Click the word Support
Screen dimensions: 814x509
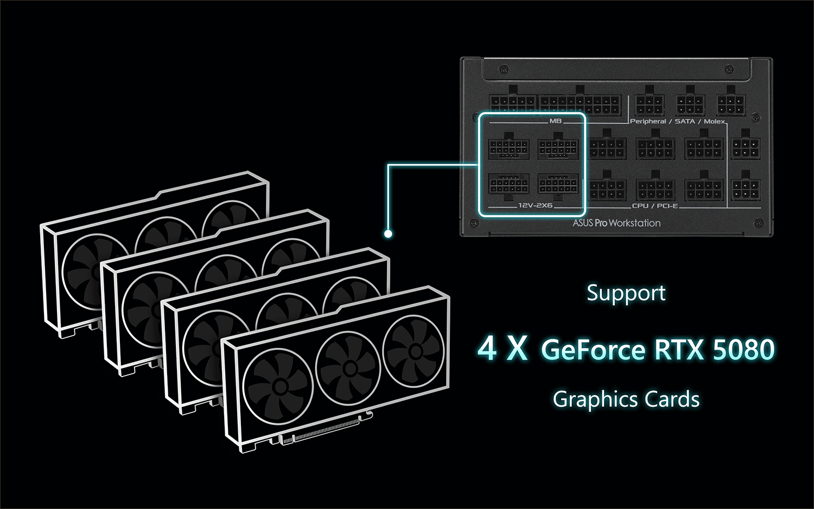point(626,294)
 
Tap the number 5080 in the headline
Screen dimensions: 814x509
point(743,349)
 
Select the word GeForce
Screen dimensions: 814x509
point(593,349)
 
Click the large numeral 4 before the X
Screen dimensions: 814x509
point(487,349)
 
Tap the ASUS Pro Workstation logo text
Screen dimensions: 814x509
point(616,222)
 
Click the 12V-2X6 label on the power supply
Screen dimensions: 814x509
point(535,205)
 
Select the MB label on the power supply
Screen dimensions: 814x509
point(555,121)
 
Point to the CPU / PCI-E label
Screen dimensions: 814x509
point(655,206)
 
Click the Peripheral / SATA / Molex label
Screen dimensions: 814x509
point(677,122)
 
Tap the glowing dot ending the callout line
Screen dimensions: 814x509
point(388,234)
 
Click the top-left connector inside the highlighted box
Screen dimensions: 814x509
point(508,147)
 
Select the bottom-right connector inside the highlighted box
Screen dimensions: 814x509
point(558,186)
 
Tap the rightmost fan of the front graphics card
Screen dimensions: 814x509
point(413,349)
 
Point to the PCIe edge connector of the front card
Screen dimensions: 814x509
point(326,429)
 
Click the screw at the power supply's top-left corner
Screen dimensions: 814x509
point(503,68)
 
